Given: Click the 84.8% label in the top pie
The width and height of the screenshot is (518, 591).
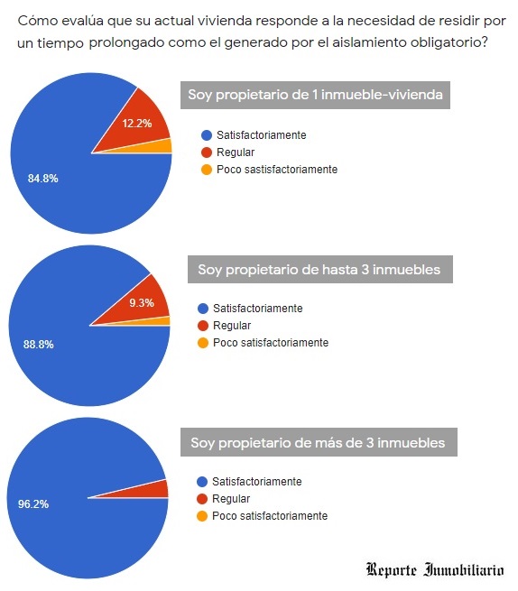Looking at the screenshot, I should pyautogui.click(x=43, y=179).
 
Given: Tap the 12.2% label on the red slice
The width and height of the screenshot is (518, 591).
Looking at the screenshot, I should pyautogui.click(x=136, y=124).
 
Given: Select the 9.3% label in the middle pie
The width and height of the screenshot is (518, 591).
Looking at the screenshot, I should pyautogui.click(x=141, y=303).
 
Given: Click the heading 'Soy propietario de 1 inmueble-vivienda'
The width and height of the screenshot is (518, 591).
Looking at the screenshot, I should pyautogui.click(x=314, y=96).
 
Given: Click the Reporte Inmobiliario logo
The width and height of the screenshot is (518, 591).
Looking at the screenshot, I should pyautogui.click(x=435, y=569).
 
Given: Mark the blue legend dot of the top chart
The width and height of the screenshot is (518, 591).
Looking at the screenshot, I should pyautogui.click(x=206, y=135).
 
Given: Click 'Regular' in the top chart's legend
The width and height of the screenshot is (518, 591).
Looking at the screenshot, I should pyautogui.click(x=236, y=152).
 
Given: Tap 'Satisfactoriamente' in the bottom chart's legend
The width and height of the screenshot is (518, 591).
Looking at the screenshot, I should pyautogui.click(x=257, y=482).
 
